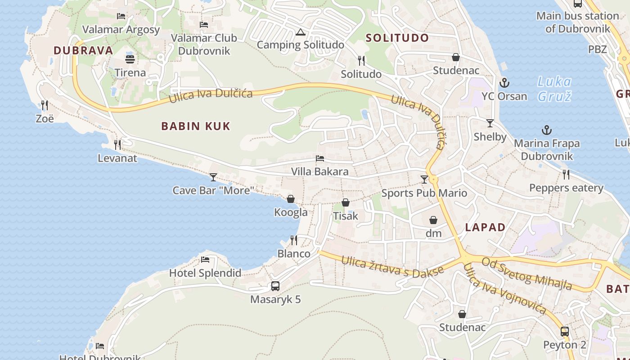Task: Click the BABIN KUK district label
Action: [196, 126]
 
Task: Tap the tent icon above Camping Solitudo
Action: [301, 32]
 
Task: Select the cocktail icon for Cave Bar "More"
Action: [213, 177]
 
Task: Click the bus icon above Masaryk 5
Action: [275, 286]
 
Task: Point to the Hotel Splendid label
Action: [205, 273]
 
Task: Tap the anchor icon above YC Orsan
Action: [504, 83]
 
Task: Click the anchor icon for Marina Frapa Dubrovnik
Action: [546, 130]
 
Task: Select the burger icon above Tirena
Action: [130, 59]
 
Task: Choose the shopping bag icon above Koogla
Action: [291, 199]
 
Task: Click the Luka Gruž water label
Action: [554, 89]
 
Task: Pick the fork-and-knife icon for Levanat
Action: [117, 145]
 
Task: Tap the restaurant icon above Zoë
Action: [45, 105]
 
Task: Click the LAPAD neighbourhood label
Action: [485, 227]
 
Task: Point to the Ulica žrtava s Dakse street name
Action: [392, 266]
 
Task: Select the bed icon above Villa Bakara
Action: [320, 158]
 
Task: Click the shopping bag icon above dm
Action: [433, 220]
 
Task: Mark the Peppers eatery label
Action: [566, 188]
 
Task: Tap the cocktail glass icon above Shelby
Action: [490, 123]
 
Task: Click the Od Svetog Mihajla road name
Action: [527, 273]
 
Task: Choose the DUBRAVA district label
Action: [84, 50]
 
